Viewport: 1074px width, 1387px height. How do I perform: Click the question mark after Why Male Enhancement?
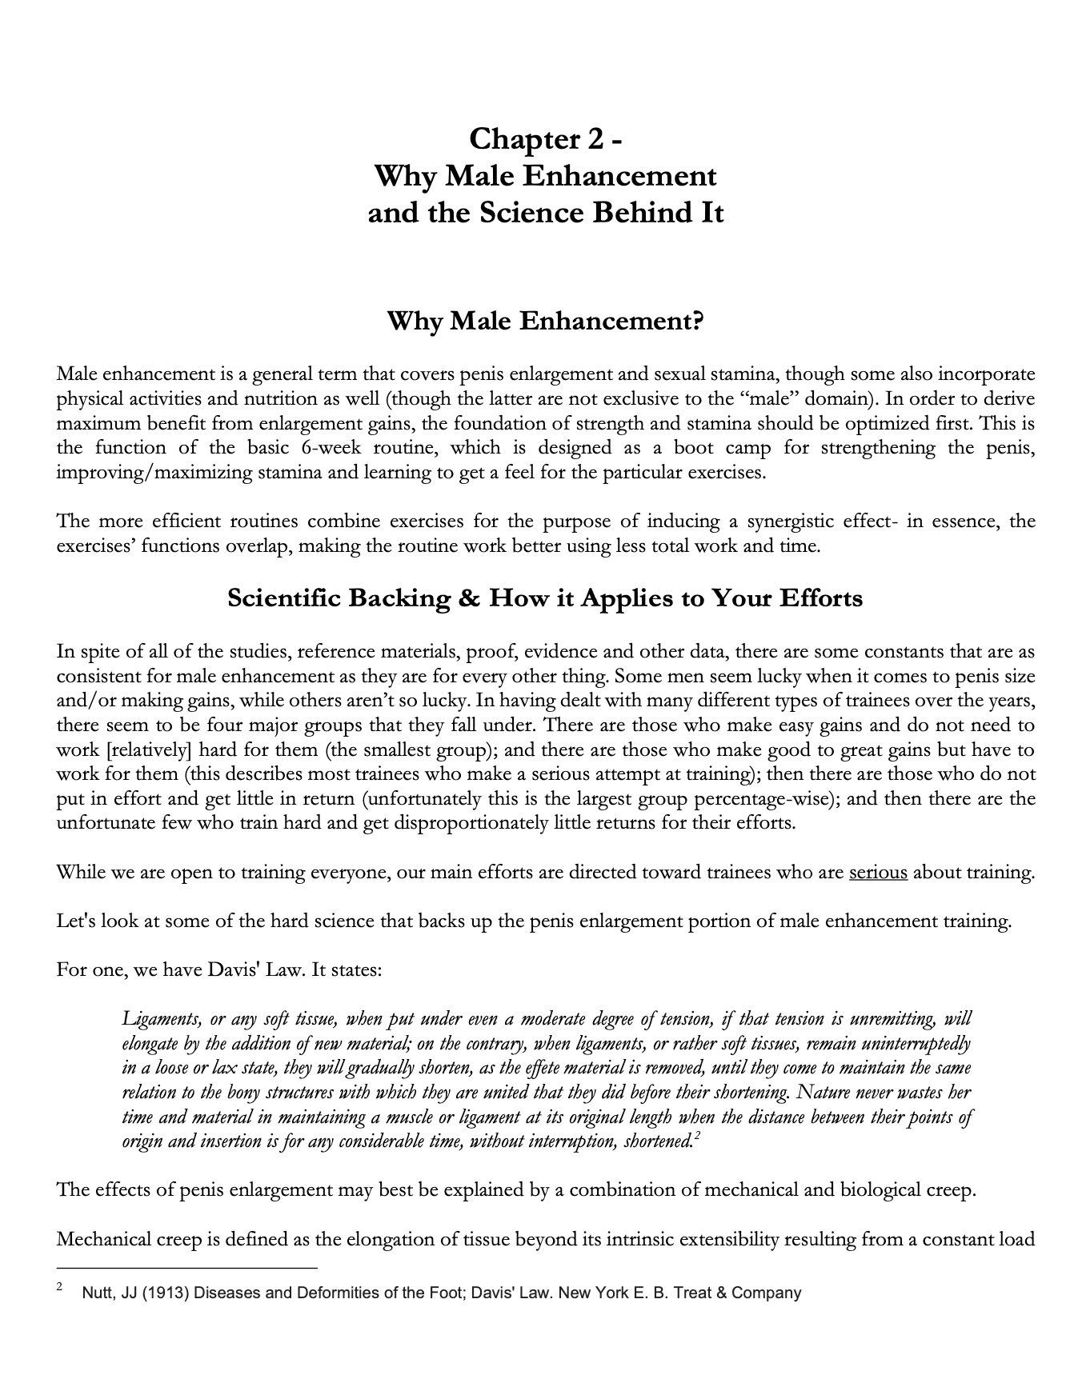click(x=698, y=322)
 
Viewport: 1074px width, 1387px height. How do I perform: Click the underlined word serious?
click(x=878, y=872)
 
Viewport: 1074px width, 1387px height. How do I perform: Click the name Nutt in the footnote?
click(x=97, y=1293)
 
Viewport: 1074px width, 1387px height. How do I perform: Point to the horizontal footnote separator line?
click(x=187, y=1268)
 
